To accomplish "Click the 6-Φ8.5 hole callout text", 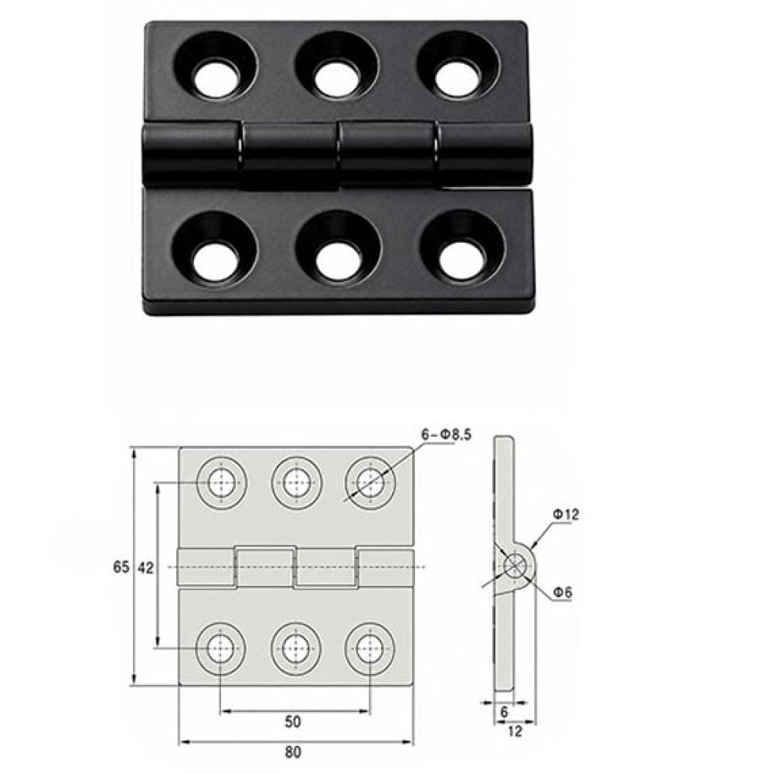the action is (x=446, y=434).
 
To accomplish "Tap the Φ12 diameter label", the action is (x=566, y=514).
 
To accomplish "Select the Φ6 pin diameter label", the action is (x=563, y=592).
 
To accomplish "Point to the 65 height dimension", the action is (x=121, y=567).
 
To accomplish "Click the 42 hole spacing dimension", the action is (x=145, y=567).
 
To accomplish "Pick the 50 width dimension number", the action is (x=293, y=722).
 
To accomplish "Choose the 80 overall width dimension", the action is (x=293, y=752).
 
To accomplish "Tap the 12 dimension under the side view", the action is (x=514, y=731).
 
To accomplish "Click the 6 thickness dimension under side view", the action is (x=504, y=712).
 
